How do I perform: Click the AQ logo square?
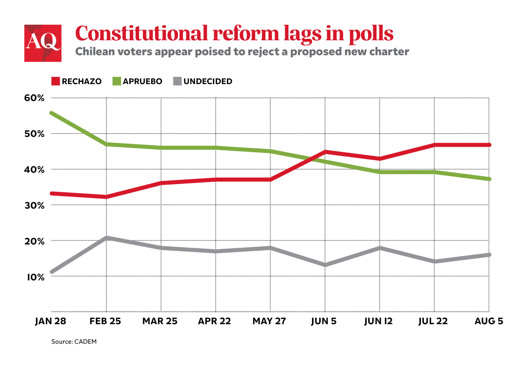pos(43,43)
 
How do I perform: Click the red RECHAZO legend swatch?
pos(55,81)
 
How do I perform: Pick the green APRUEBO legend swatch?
pos(117,81)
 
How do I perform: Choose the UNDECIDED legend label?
pos(208,81)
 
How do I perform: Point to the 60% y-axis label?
pos(34,98)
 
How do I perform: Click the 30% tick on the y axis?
pos(34,205)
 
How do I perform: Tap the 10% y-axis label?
pos(36,277)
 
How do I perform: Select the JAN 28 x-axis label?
pos(50,321)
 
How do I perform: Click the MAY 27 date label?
pos(269,321)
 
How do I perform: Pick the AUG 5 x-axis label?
pos(489,321)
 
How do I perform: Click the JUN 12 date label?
pos(378,321)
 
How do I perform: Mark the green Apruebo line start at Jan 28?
pos(52,113)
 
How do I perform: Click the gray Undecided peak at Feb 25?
pos(106,237)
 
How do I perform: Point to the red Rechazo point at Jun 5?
pos(325,152)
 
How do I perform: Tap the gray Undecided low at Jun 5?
pos(325,265)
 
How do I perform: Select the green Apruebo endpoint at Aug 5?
pos(489,179)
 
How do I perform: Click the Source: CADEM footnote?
pos(74,342)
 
